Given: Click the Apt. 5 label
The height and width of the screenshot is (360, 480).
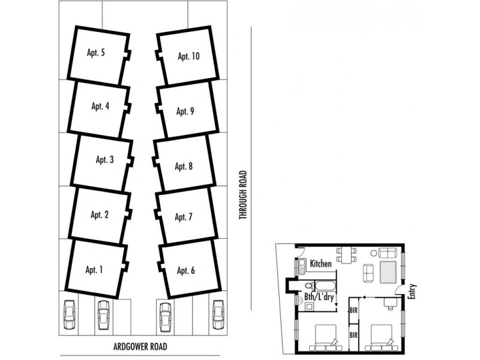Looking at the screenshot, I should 95,53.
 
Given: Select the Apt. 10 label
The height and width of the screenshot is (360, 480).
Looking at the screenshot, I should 188,56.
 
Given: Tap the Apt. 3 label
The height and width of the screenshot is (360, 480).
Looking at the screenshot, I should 104,160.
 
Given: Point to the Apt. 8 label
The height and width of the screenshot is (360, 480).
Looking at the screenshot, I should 182,166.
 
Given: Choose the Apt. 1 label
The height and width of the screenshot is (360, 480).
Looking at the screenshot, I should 94,269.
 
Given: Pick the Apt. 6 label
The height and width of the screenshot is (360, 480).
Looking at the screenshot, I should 185,271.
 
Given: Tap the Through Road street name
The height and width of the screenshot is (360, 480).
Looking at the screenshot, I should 243,195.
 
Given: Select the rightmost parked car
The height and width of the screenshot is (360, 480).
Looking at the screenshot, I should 218,313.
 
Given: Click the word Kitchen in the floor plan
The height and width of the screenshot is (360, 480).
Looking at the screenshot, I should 322,264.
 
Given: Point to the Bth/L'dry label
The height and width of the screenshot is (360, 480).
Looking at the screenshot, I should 318,296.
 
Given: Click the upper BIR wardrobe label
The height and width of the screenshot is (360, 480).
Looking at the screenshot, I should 354,310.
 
